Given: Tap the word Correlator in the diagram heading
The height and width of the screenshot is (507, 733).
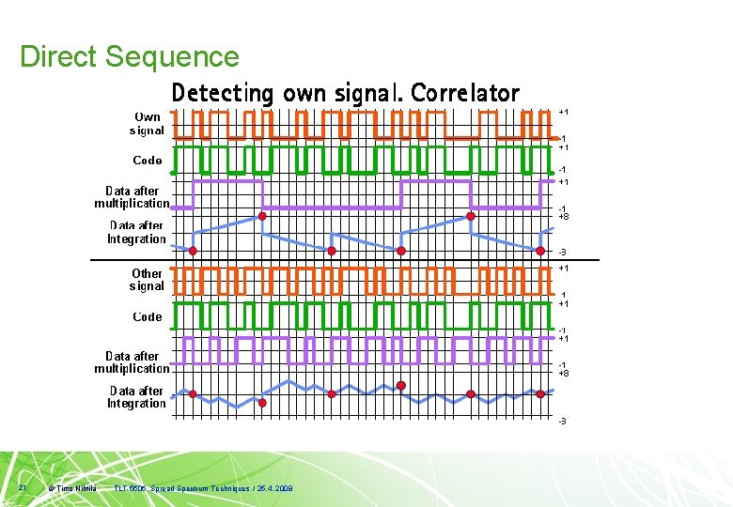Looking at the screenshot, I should coord(465,93).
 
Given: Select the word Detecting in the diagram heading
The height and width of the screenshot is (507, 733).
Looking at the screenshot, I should coord(222,93).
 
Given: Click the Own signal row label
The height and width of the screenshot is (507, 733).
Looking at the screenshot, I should coord(147,124).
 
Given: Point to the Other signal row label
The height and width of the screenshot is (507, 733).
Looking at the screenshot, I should coord(147,280).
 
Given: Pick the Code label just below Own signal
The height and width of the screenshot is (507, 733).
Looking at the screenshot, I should coord(148,161).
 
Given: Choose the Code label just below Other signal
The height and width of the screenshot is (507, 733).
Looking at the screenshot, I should coord(148,316).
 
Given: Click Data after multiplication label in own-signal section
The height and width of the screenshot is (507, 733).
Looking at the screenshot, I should coord(132,197).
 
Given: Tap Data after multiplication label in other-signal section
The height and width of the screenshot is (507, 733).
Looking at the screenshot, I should coord(132,362).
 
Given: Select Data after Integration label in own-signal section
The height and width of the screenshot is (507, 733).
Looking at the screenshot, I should coord(136,233).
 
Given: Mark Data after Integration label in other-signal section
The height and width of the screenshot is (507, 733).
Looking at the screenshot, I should coord(136,397).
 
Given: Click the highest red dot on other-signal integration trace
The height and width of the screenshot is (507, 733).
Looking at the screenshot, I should coord(401,386).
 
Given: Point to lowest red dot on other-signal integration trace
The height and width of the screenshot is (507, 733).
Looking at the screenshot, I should coord(262,403).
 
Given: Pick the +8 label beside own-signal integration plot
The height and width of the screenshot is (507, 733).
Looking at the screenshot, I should coord(563,217).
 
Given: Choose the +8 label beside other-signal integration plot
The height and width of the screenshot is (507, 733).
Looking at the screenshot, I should coord(563,374).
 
